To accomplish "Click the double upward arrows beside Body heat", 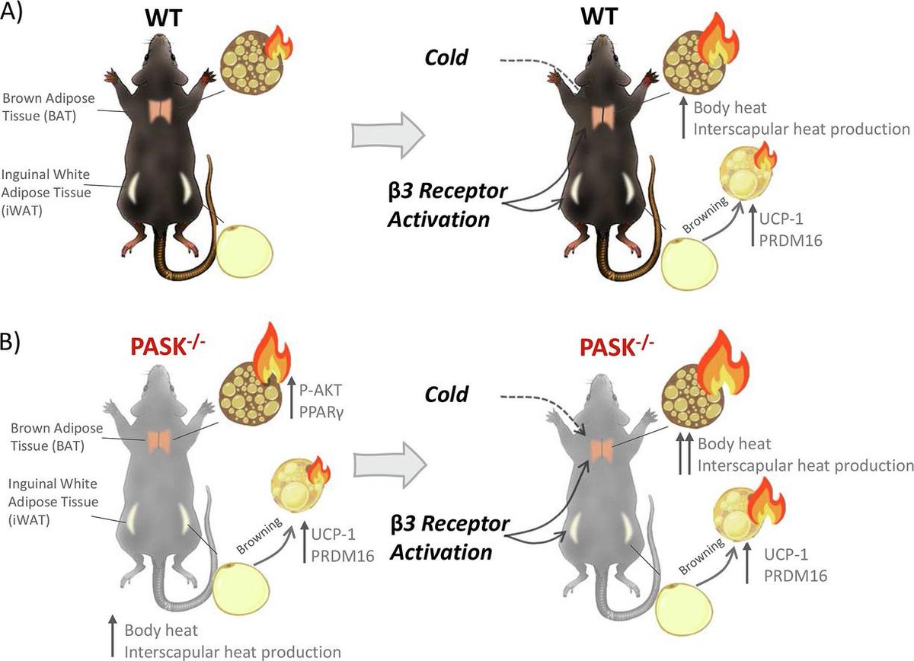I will coord(684,455).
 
